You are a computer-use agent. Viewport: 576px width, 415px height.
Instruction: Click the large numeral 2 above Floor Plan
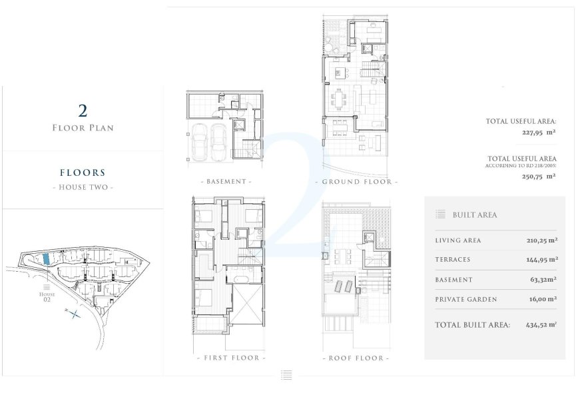click(83, 111)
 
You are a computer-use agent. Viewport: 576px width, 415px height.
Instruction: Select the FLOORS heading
click(83, 173)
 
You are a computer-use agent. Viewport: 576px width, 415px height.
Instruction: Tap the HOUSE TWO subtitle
click(83, 187)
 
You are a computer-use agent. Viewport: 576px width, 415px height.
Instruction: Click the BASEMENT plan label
click(226, 181)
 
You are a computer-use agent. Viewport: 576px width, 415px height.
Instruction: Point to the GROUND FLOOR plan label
click(356, 181)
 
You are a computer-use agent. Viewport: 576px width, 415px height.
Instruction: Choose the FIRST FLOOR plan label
click(231, 358)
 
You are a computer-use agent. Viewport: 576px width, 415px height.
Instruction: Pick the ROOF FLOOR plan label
click(356, 358)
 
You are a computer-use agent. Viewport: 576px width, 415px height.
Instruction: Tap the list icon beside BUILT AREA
click(440, 214)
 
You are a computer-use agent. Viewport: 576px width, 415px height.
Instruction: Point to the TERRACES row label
click(452, 260)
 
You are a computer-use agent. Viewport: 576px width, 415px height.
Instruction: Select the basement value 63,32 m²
click(543, 280)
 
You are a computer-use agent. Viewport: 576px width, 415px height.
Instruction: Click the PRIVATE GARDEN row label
click(465, 300)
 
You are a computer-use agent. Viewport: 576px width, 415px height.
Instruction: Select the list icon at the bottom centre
click(286, 376)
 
